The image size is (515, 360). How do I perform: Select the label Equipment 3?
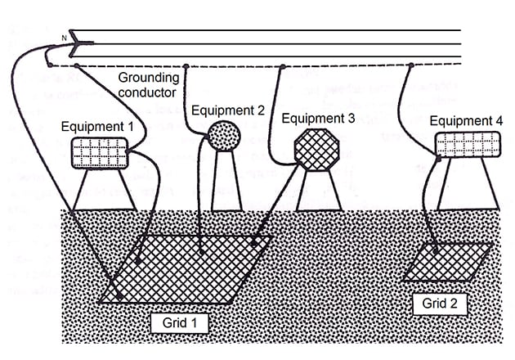tap(318, 118)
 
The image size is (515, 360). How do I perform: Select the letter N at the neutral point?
tap(62, 38)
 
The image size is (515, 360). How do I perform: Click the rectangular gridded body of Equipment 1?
tap(99, 153)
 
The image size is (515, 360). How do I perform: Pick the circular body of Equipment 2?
tap(223, 135)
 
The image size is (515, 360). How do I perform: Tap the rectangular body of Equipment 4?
tap(464, 145)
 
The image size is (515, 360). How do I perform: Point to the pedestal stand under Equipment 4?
tap(464, 185)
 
